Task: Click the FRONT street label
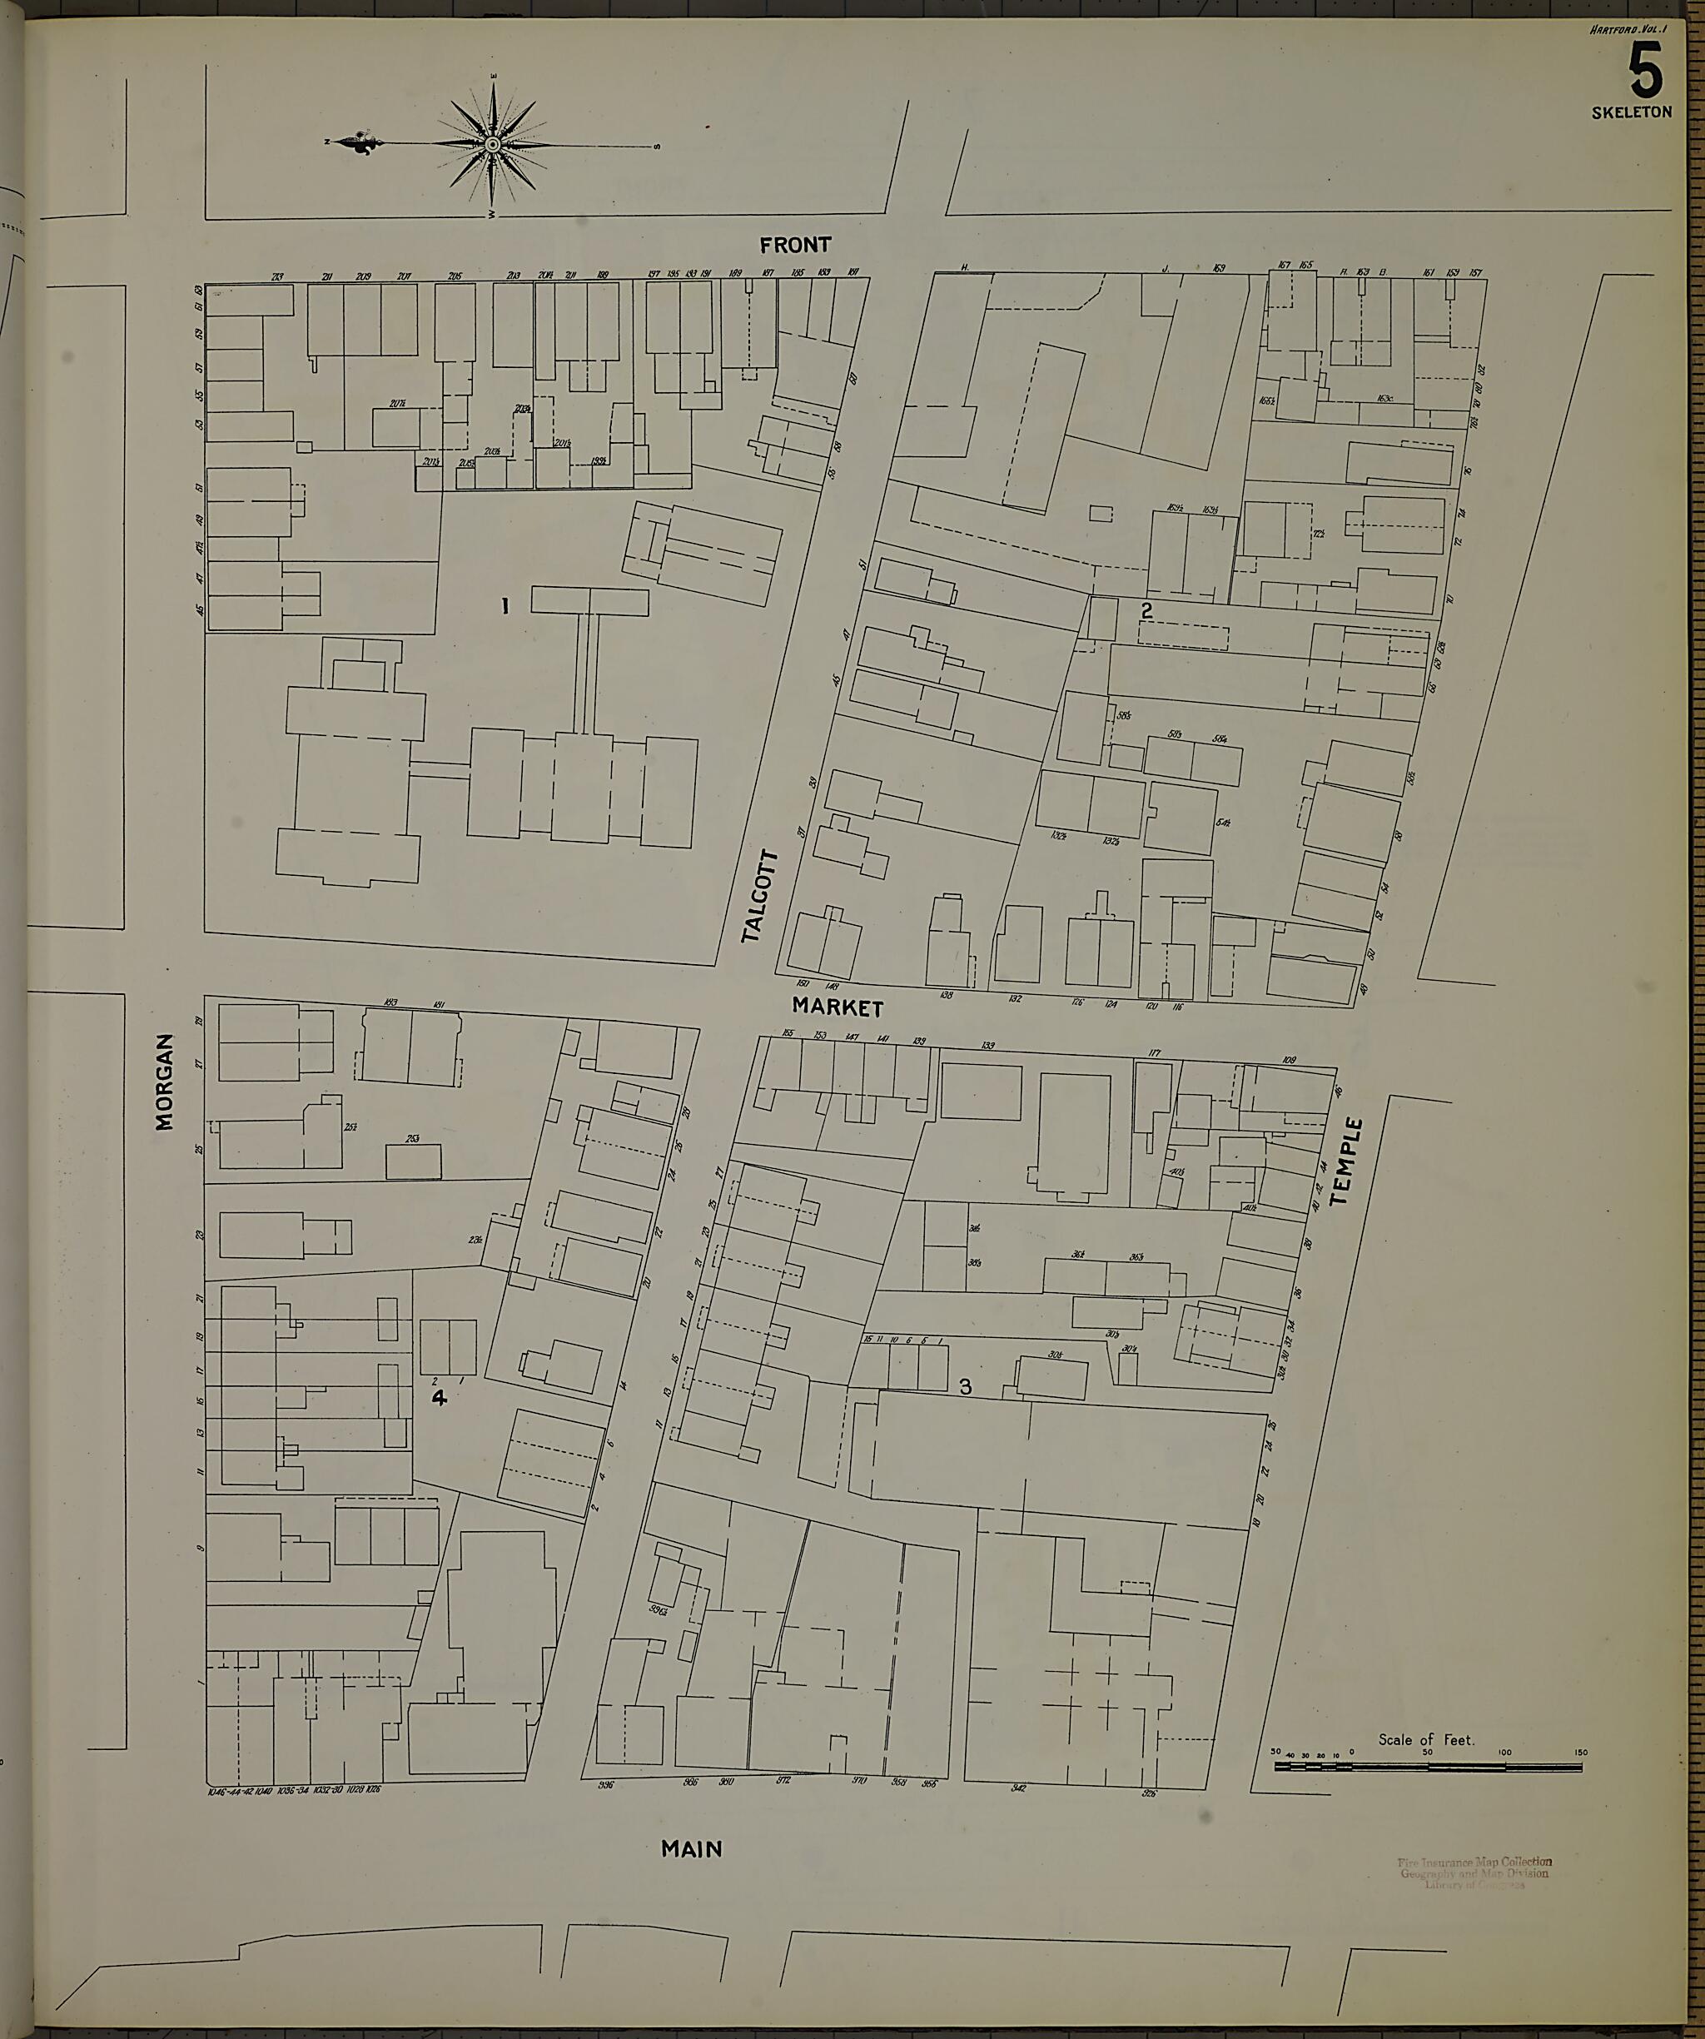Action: [795, 245]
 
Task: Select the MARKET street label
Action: [837, 1008]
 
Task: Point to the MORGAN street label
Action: [165, 1082]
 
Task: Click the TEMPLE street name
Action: [1347, 1161]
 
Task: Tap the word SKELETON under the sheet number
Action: [1631, 112]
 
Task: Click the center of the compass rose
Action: [493, 145]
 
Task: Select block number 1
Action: [505, 607]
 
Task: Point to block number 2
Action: [1146, 611]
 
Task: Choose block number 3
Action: [965, 1386]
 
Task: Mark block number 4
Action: [439, 1397]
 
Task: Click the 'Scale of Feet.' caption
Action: [1425, 1740]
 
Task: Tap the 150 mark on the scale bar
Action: [1582, 1753]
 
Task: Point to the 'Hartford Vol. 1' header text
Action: [1628, 30]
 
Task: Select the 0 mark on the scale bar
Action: [1353, 1753]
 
